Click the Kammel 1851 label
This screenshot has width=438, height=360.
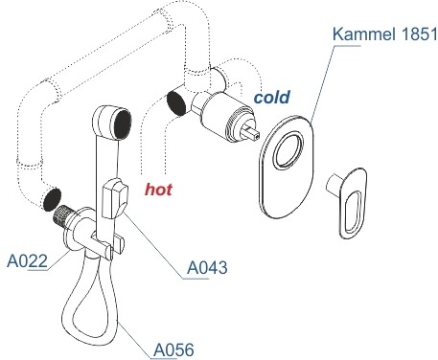coord(384,34)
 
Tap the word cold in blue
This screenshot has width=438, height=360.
coord(272,97)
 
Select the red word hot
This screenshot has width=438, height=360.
coord(158,190)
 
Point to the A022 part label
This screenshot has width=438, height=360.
coord(27,261)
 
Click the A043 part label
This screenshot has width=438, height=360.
coord(207,267)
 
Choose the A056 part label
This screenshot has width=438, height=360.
coord(173,349)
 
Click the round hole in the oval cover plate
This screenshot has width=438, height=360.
coord(288,150)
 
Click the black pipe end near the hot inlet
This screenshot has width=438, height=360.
coord(176,103)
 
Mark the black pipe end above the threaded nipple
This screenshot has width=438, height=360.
coord(51,199)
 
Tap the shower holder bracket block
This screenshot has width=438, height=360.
coord(115,198)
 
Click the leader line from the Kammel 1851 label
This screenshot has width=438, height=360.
coord(323,83)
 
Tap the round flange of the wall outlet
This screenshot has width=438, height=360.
coord(79,230)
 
